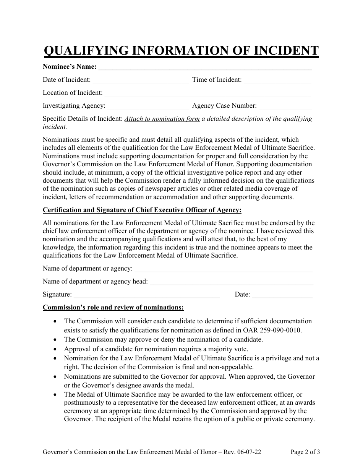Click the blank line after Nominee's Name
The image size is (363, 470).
coord(205,68)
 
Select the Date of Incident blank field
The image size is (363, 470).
coord(141,81)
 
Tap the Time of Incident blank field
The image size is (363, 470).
coord(277,81)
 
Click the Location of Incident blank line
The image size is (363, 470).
coord(207,93)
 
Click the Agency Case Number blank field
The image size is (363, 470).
coord(285,106)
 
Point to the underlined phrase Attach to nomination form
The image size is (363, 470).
coord(162,118)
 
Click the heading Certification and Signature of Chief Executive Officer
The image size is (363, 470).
coord(142,210)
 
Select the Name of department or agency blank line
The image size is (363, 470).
coord(224,269)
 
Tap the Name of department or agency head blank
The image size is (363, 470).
coord(231,282)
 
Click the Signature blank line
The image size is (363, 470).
coord(146,295)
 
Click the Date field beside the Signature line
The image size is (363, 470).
coord(282,295)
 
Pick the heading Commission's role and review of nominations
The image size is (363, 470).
coord(113,307)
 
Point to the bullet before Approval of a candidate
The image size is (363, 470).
coord(56,349)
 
